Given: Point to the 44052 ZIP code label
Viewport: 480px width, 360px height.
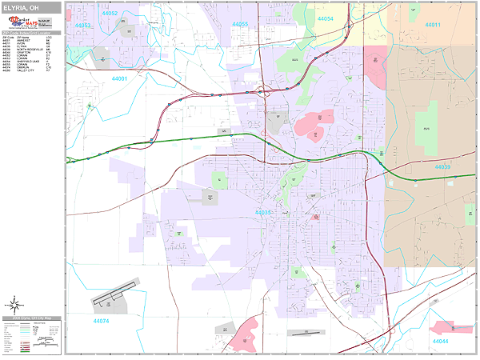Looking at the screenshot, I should pyautogui.click(x=110, y=14).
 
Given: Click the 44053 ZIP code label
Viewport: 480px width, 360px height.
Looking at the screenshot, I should pyautogui.click(x=84, y=26).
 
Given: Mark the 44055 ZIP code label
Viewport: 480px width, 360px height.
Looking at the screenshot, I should pyautogui.click(x=240, y=24).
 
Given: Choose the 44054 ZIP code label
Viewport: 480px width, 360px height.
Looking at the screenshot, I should pyautogui.click(x=325, y=18).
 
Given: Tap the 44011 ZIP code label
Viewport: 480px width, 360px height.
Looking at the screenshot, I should pyautogui.click(x=433, y=25).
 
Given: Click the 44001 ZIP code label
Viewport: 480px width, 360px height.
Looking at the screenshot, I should pyautogui.click(x=120, y=78).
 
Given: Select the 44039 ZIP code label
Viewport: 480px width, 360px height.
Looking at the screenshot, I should pyautogui.click(x=442, y=167).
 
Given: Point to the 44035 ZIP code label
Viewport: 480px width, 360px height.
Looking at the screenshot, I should pyautogui.click(x=263, y=213).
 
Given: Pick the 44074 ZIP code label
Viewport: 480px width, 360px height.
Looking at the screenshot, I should pyautogui.click(x=101, y=321).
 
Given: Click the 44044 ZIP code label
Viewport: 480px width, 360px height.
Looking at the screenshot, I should pyautogui.click(x=440, y=342).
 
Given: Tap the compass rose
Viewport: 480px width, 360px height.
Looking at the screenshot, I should pyautogui.click(x=14, y=304).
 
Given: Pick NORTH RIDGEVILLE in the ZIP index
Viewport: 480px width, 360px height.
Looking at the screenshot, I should pyautogui.click(x=30, y=50).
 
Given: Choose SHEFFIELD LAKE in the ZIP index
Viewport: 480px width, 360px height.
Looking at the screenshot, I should pyautogui.click(x=30, y=62).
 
